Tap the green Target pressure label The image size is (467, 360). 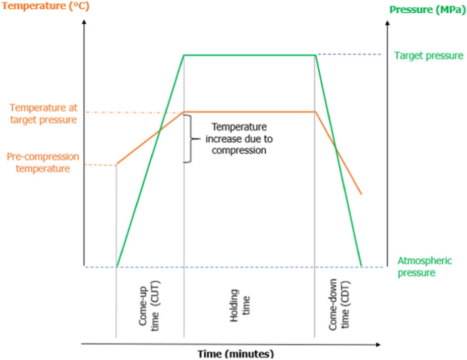tap(428, 56)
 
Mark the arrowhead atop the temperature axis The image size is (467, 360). tap(84, 25)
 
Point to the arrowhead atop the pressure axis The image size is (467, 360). tap(385, 25)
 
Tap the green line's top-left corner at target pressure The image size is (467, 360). tap(184, 55)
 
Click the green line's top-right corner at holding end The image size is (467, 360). tap(316, 55)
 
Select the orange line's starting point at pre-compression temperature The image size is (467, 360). tap(117, 165)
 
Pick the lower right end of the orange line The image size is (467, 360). tap(361, 193)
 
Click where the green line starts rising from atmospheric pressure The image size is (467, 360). tap(117, 267)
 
